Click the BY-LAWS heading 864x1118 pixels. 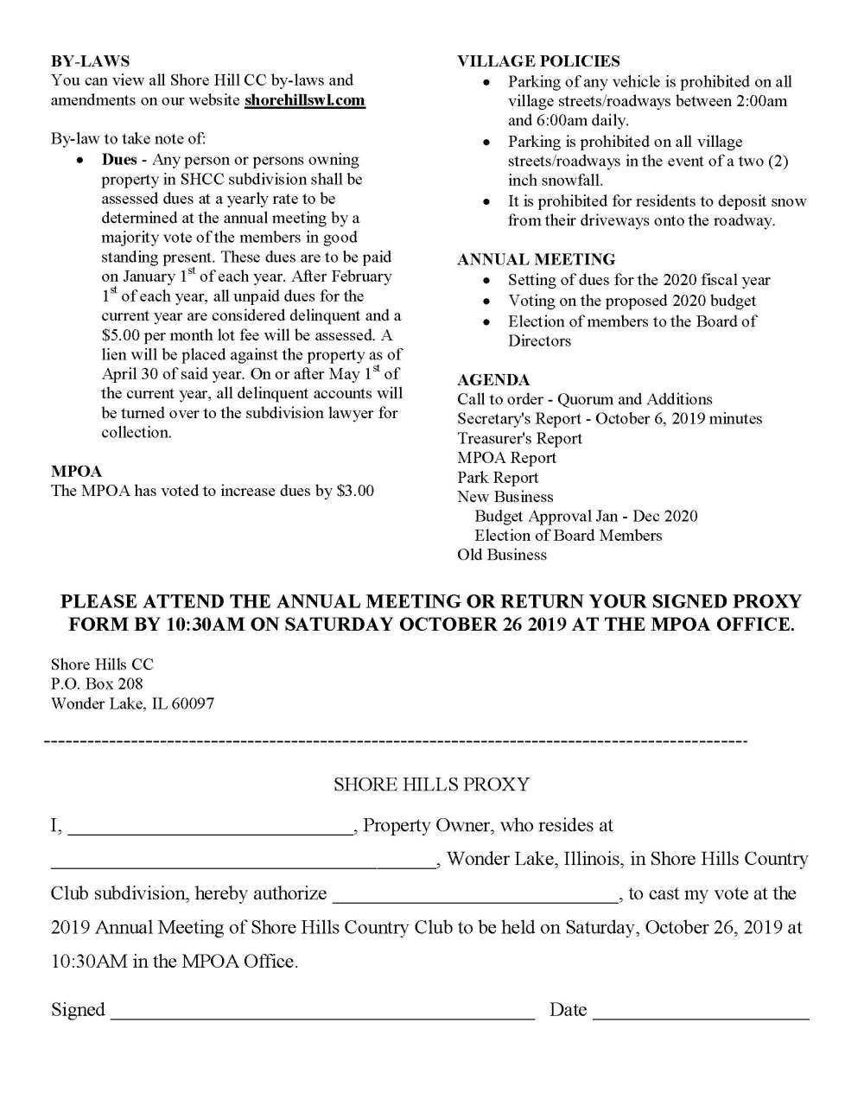(x=90, y=61)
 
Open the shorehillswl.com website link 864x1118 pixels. (x=304, y=100)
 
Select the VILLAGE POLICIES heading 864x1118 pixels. (x=538, y=61)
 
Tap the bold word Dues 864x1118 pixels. (x=119, y=160)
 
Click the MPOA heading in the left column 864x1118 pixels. (x=76, y=472)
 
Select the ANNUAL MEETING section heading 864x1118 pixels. (x=536, y=259)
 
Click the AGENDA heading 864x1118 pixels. (x=493, y=380)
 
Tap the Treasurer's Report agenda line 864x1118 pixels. (x=519, y=438)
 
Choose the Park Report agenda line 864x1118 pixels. (x=498, y=477)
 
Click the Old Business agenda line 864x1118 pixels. (x=502, y=555)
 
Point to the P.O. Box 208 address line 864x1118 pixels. (x=97, y=683)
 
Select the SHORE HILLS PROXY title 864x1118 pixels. (x=431, y=785)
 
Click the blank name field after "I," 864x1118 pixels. (x=210, y=828)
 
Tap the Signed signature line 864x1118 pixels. (x=321, y=1012)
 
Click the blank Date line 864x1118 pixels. (x=700, y=1012)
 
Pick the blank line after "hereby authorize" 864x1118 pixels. (x=475, y=895)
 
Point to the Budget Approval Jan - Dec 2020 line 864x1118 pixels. (x=586, y=516)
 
